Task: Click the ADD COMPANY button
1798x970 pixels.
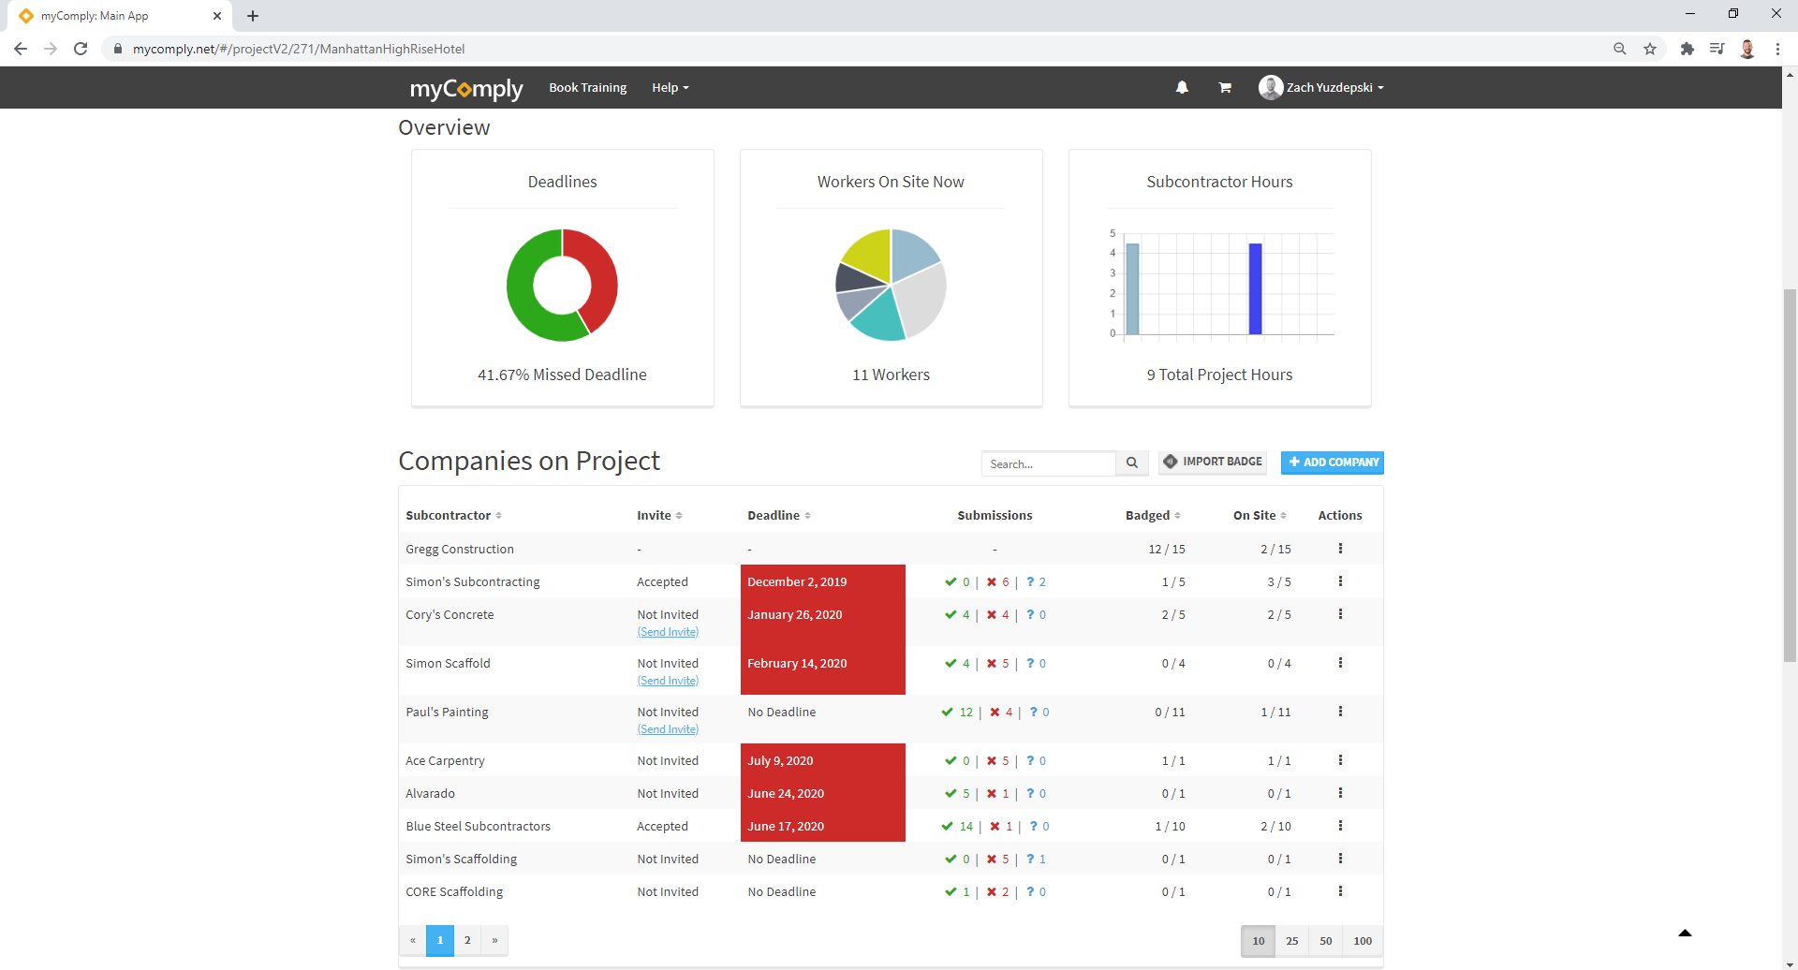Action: coord(1332,463)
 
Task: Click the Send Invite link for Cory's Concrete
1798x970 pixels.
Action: coord(668,632)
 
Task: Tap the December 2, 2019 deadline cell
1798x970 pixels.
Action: coord(822,581)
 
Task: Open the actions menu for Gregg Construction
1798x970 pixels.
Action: coord(1340,549)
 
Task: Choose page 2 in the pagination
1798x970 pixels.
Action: coord(467,941)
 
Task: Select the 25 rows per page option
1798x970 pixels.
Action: coord(1291,941)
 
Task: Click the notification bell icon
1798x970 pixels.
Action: coord(1182,87)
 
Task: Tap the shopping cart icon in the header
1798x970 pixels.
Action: coord(1224,87)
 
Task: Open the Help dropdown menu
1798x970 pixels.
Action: coord(670,88)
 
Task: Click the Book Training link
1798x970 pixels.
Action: coord(587,88)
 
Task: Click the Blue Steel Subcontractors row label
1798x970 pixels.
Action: coord(478,827)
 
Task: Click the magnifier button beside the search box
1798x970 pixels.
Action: coord(1131,463)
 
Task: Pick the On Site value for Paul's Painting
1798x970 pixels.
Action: coord(1275,713)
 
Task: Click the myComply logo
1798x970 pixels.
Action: coord(465,89)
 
